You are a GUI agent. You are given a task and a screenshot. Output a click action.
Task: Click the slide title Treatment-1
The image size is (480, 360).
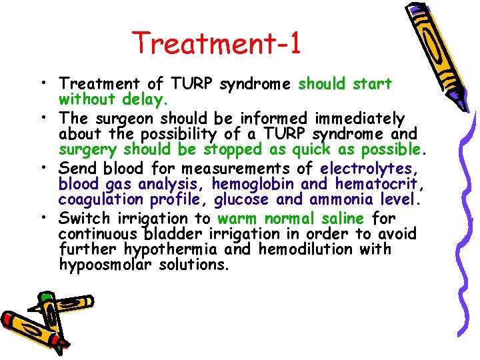point(217,43)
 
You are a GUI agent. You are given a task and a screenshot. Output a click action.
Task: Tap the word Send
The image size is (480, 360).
point(77,169)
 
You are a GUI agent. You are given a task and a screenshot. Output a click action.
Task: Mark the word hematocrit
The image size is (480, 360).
point(375,184)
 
